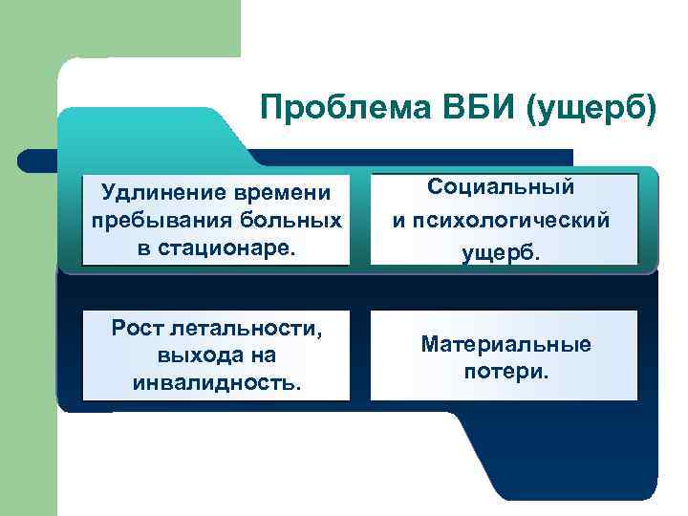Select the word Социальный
pos(504,187)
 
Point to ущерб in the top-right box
pos(504,252)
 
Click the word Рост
pos(140,330)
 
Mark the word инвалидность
pos(218,383)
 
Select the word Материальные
pos(505,344)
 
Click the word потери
pos(505,371)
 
